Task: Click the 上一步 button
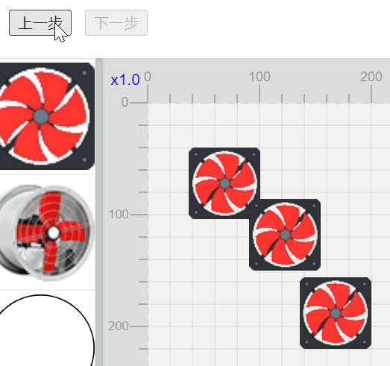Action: [40, 22]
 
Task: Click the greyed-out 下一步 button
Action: [116, 22]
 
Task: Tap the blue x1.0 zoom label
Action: [125, 80]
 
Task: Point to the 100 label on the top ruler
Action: [260, 77]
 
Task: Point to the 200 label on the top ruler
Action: [371, 77]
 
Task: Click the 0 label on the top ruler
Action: [148, 77]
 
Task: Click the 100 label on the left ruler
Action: [119, 214]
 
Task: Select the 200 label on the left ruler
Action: [119, 326]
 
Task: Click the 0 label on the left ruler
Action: [125, 102]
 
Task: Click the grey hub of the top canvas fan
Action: [225, 183]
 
